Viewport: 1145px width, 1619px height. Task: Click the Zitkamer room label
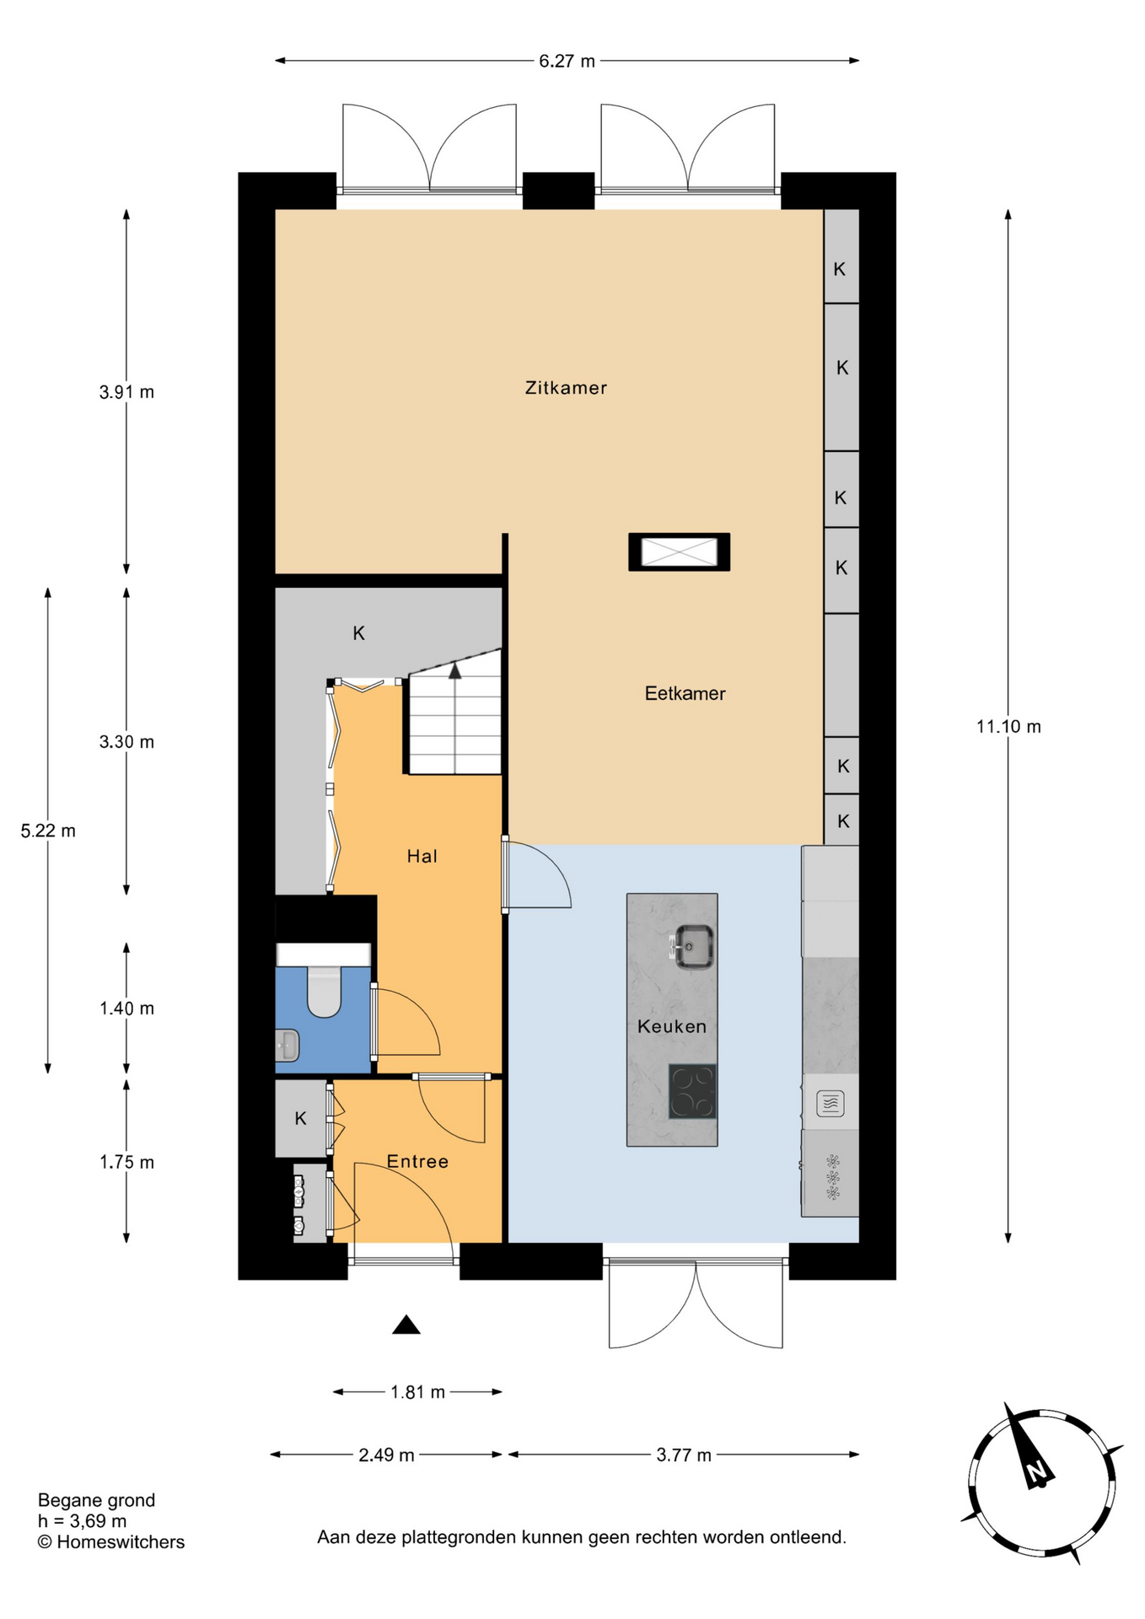566,388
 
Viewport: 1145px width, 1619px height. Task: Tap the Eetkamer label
685,693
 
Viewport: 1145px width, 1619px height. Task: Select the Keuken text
671,1026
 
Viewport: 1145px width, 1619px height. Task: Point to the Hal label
422,856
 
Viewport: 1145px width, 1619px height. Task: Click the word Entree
417,1161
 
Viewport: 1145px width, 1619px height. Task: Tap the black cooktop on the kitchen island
692,1091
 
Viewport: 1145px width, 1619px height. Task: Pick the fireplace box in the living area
679,552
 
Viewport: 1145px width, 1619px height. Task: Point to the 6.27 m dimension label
567,61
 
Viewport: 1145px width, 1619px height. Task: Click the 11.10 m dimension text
1008,726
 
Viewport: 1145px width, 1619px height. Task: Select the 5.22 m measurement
48,831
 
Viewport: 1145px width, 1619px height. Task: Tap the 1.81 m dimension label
417,1392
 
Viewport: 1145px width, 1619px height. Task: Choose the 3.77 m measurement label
684,1455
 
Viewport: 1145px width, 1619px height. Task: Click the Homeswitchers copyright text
111,1541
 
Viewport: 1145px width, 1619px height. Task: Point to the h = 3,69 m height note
83,1521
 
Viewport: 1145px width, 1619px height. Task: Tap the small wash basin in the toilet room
288,1045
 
